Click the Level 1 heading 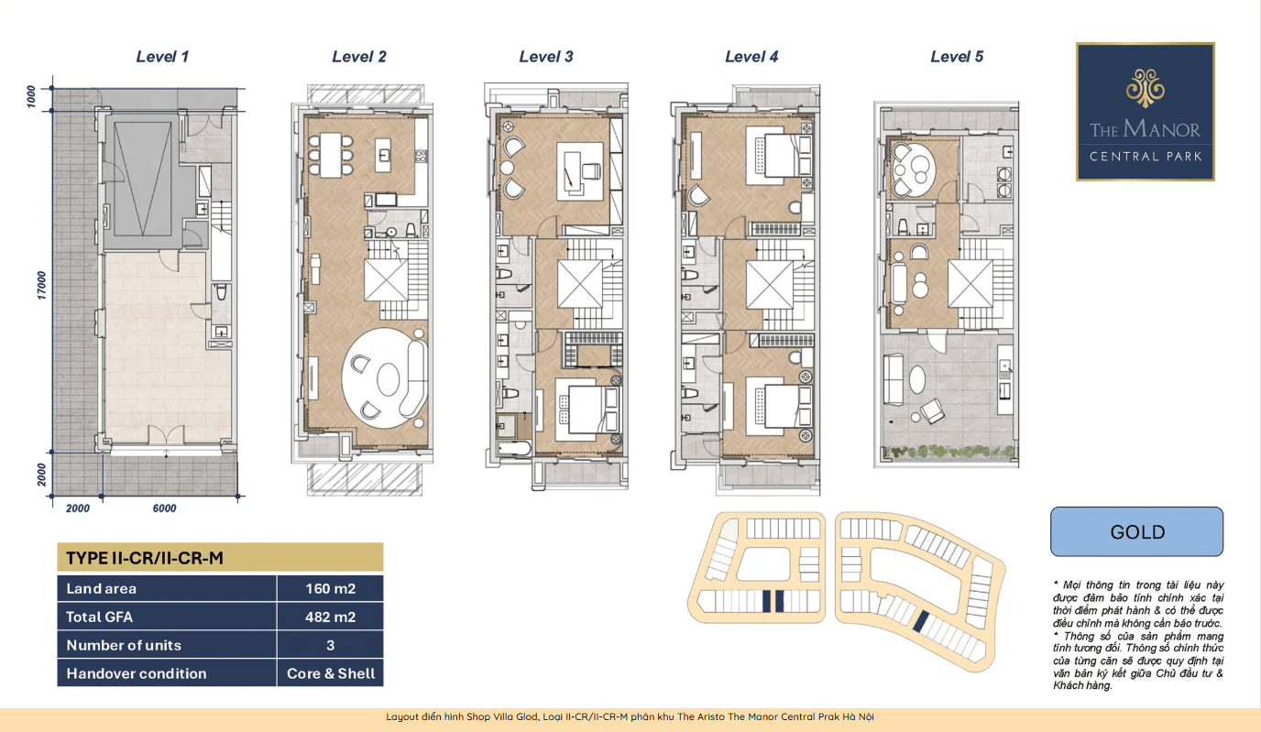pyautogui.click(x=162, y=56)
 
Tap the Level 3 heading pyautogui.click(x=546, y=56)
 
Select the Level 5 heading pyautogui.click(x=957, y=56)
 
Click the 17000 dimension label pyautogui.click(x=41, y=285)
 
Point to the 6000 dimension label pyautogui.click(x=164, y=508)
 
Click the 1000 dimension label pyautogui.click(x=31, y=97)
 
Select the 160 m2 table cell pyautogui.click(x=331, y=588)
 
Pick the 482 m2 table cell pyautogui.click(x=331, y=617)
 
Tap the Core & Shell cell pyautogui.click(x=331, y=673)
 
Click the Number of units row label pyautogui.click(x=124, y=645)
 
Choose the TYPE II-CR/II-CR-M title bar pyautogui.click(x=220, y=558)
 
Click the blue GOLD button pyautogui.click(x=1136, y=531)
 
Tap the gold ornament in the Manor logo pyautogui.click(x=1145, y=88)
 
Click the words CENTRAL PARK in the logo pyautogui.click(x=1145, y=157)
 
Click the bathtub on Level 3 pyautogui.click(x=514, y=448)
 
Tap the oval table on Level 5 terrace pyautogui.click(x=917, y=380)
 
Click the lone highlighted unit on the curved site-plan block pyautogui.click(x=920, y=622)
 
